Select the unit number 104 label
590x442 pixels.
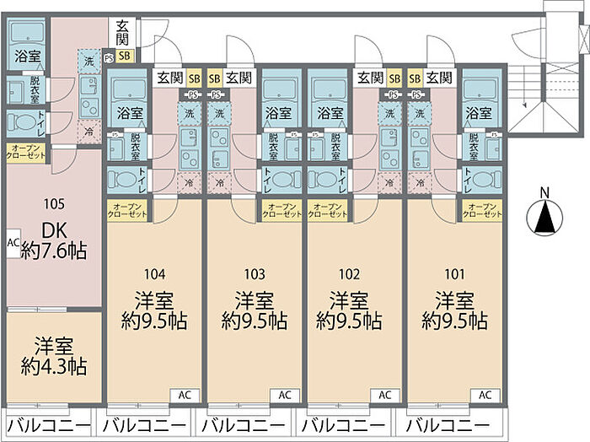(154, 273)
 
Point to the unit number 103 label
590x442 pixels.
(255, 273)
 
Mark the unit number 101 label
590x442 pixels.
(453, 273)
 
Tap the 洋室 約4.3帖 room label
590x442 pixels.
(53, 356)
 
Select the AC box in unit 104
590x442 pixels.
(185, 394)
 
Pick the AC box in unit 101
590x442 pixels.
(485, 394)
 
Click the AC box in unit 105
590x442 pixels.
(13, 242)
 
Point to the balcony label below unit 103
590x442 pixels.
(244, 424)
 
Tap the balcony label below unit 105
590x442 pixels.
(47, 424)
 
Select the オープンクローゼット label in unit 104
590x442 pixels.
(127, 210)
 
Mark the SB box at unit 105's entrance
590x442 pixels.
(125, 57)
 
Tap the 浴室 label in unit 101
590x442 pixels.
(478, 112)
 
